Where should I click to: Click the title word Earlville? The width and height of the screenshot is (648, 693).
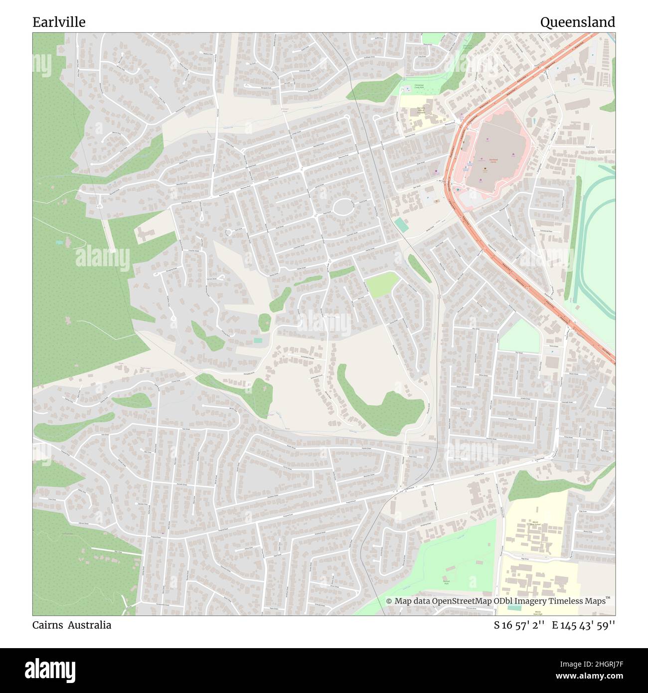click(59, 22)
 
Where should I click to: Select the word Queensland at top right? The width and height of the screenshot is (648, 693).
click(577, 22)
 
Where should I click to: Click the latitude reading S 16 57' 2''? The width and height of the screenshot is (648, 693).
click(518, 625)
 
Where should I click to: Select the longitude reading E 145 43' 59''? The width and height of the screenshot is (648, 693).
click(583, 625)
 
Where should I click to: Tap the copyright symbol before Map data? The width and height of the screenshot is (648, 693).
click(389, 601)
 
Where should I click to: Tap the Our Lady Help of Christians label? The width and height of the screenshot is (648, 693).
click(421, 111)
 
